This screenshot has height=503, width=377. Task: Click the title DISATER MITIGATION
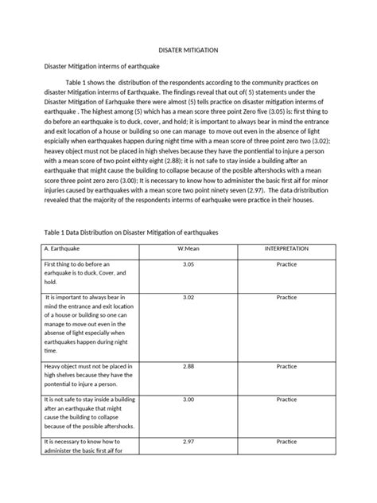coord(188,49)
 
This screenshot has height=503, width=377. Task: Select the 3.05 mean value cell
coord(188,263)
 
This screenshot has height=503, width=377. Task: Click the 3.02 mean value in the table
coord(188,297)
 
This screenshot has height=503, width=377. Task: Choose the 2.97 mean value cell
coord(188,440)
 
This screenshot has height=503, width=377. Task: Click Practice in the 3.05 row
coord(286,263)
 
